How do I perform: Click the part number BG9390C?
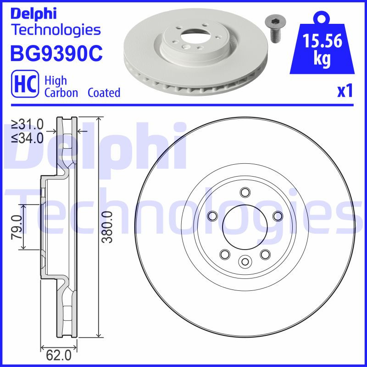pyautogui.click(x=56, y=53)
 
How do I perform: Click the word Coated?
pyautogui.click(x=104, y=93)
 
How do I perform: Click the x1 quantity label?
pyautogui.click(x=345, y=91)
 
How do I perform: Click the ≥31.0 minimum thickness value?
pyautogui.click(x=28, y=124)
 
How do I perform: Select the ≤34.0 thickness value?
pyautogui.click(x=28, y=138)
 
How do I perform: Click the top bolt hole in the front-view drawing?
pyautogui.click(x=245, y=192)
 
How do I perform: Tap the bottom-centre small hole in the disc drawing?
pyautogui.click(x=245, y=261)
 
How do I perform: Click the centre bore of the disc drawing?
pyautogui.click(x=245, y=227)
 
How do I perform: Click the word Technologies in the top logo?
pyautogui.click(x=55, y=30)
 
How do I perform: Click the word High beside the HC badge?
pyautogui.click(x=56, y=81)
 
